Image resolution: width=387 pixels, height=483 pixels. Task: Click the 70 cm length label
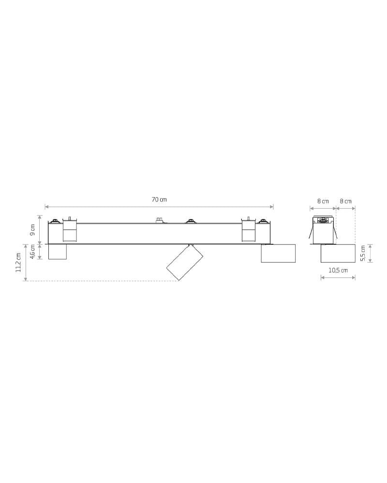(159, 199)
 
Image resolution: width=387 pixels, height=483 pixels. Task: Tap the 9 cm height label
(33, 230)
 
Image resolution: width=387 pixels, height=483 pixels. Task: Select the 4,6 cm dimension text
(33, 251)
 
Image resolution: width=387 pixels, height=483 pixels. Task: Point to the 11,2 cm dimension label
(18, 262)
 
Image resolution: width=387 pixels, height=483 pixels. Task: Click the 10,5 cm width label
(338, 270)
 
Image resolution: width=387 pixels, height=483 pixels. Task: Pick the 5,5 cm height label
(363, 254)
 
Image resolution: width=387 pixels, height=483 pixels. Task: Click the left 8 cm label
(323, 201)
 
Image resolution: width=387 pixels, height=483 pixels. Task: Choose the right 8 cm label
(346, 201)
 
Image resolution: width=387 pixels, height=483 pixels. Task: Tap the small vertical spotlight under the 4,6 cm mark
(58, 252)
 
